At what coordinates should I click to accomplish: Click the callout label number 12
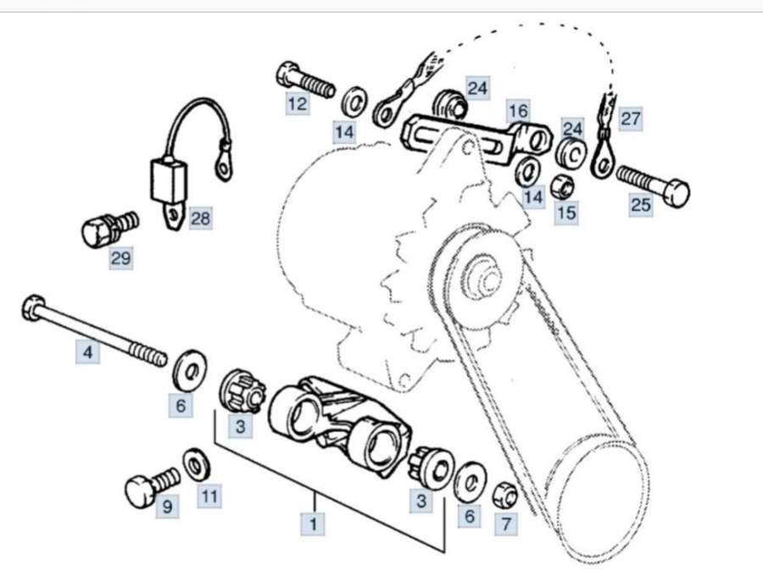point(298,104)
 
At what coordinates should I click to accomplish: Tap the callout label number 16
point(518,110)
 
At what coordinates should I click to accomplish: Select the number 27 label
point(630,119)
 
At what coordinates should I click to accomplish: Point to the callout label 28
point(200,219)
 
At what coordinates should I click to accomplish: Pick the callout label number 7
point(505,524)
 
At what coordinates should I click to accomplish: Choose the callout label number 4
point(87,352)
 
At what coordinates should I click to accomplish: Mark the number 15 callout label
point(566,212)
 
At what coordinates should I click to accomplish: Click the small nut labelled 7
point(504,490)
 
